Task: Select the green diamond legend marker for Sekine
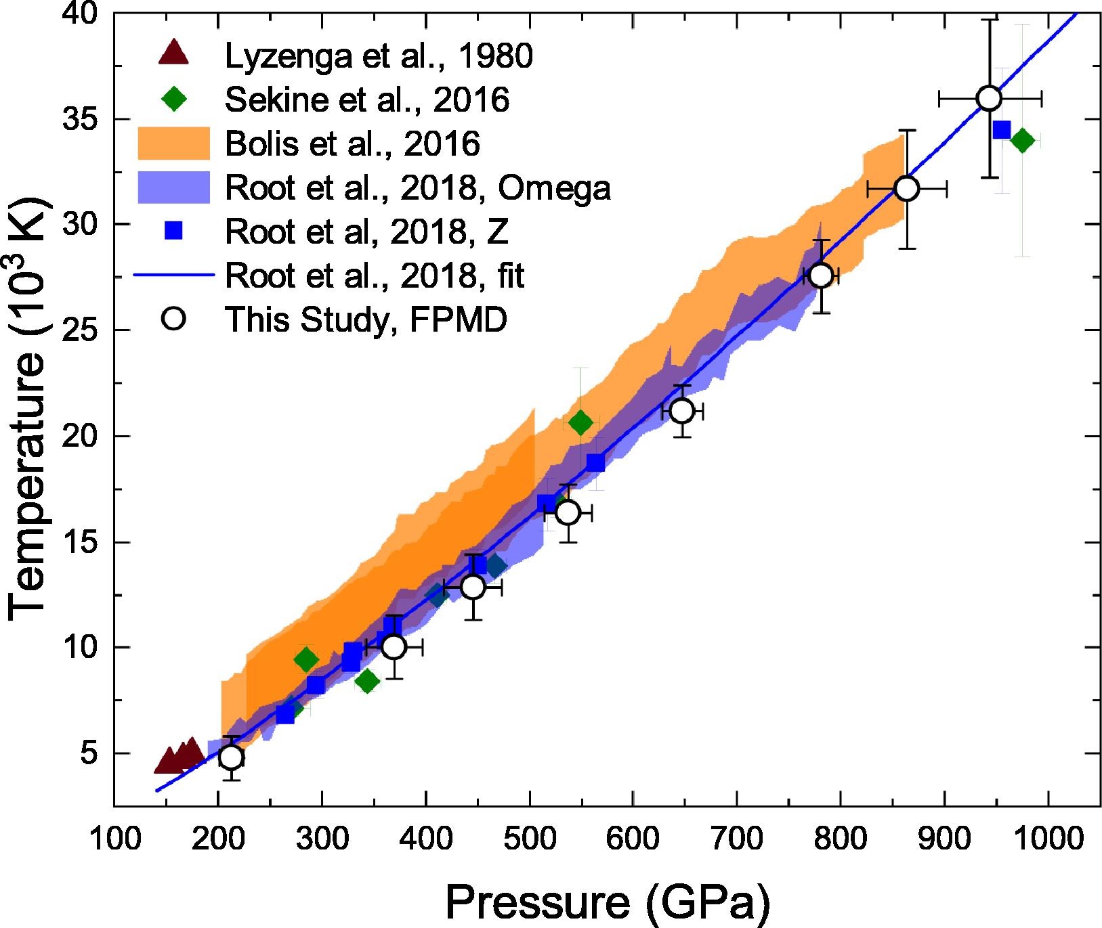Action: click(175, 99)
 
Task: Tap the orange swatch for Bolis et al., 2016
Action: click(174, 143)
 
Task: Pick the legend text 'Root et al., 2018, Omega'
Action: click(418, 187)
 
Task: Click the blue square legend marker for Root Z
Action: click(175, 231)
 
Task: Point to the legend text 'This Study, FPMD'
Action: click(366, 319)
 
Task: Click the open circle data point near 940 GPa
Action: click(990, 98)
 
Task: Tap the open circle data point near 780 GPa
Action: click(821, 275)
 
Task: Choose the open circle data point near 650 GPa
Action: click(682, 411)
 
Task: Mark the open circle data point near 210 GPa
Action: click(231, 757)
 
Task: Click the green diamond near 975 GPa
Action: click(1022, 141)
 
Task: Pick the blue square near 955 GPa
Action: click(1002, 129)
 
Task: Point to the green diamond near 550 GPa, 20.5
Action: click(580, 423)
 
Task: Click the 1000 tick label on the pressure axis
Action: click(1048, 839)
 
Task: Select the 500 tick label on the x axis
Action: click(529, 839)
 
